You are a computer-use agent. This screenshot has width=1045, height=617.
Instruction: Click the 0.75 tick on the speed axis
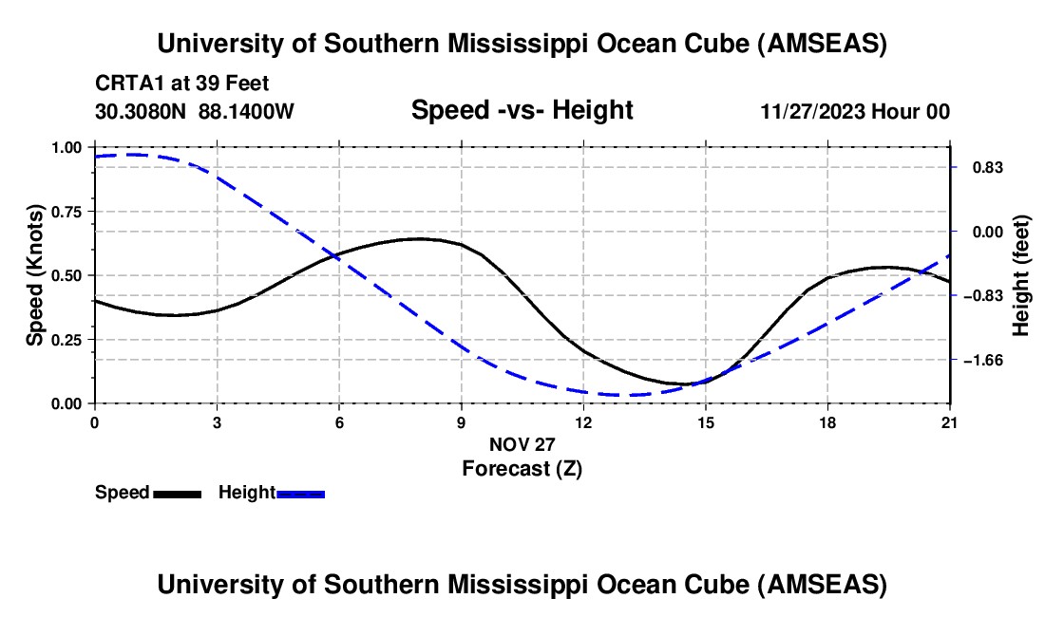67,212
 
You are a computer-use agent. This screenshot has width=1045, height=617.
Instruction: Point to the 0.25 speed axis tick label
67,340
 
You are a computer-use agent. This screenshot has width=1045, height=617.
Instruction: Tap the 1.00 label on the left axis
67,148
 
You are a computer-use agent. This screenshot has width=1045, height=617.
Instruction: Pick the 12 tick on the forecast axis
583,421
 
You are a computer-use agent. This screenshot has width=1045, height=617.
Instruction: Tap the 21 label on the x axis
950,421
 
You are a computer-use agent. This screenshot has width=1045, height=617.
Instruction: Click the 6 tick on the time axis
339,421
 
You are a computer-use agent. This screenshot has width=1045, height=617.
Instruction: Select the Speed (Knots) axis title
35,275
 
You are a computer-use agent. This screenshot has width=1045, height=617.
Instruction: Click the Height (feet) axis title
1021,275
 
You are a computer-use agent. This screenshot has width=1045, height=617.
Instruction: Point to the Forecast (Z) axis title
522,468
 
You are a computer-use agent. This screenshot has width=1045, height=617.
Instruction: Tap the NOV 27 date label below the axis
522,444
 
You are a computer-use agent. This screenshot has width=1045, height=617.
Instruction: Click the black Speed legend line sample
177,493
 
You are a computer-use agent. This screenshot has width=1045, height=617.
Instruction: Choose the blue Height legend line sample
300,493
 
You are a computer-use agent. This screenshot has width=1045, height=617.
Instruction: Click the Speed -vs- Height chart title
522,111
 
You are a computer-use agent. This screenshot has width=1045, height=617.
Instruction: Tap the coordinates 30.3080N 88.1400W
195,112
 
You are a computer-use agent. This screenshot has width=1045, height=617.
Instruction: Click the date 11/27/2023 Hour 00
855,112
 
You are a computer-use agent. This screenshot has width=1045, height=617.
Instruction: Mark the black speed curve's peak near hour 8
419,238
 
